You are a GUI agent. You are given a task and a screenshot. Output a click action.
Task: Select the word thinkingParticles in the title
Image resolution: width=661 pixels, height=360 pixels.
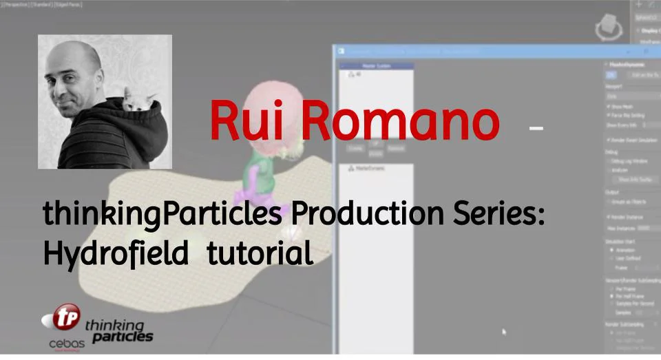pyautogui.click(x=162, y=214)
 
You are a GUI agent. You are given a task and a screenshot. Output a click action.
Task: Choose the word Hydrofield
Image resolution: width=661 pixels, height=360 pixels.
pyautogui.click(x=116, y=254)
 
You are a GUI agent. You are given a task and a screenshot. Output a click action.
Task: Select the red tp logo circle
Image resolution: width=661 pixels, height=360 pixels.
pyautogui.click(x=67, y=317)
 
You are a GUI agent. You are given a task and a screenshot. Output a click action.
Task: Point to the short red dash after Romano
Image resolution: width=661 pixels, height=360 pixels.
pyautogui.click(x=536, y=127)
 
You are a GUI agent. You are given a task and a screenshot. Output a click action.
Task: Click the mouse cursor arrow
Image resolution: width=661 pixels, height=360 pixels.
pyautogui.click(x=504, y=332)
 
